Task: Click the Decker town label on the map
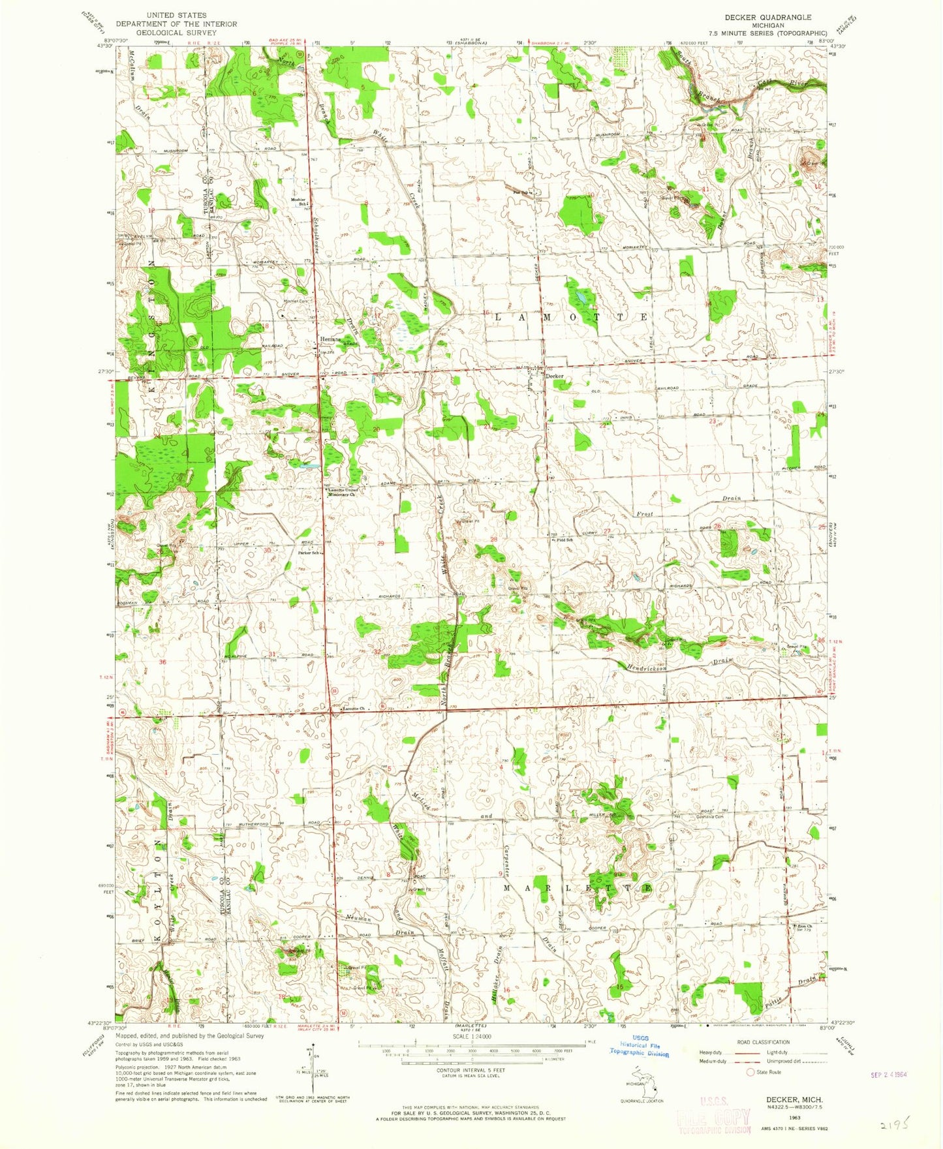(x=555, y=376)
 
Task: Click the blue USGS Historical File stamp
(x=640, y=1049)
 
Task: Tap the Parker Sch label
(x=309, y=553)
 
